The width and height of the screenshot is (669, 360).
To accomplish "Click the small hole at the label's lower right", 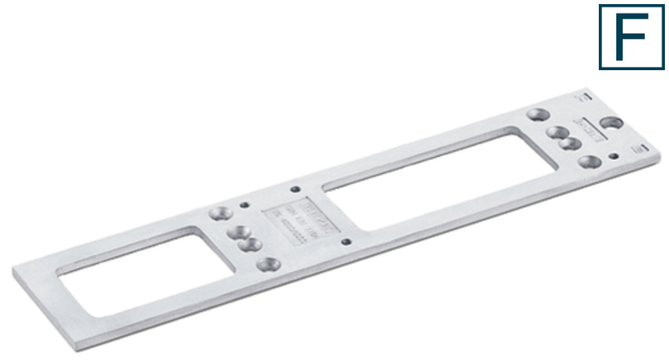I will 345,242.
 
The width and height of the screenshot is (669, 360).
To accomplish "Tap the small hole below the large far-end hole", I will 611,155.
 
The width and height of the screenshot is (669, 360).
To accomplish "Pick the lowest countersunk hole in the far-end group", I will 589,162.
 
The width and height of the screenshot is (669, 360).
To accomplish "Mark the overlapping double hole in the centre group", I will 244,239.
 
